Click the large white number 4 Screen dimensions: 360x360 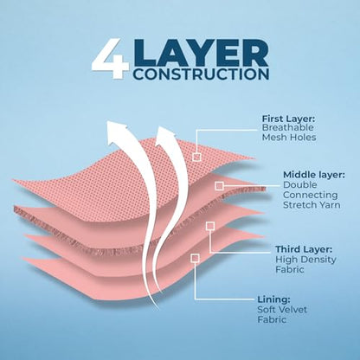tap(110, 59)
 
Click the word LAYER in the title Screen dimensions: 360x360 tap(202, 54)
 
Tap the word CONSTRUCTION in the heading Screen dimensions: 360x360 tap(202, 74)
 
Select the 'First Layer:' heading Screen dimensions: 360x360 tap(288, 119)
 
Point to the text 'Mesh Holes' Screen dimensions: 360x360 tap(289, 138)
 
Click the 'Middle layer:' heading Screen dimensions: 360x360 tap(314, 175)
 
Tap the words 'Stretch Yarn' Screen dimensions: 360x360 tap(312, 205)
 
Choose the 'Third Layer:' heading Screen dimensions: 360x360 tap(304, 249)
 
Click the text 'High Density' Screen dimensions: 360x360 tap(305, 260)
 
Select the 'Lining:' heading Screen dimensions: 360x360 tap(273, 299)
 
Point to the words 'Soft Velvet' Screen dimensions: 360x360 tap(282, 310)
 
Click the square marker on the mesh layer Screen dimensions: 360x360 tap(196, 157)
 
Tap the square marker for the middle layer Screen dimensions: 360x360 tap(219, 186)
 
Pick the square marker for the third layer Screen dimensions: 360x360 tap(210, 226)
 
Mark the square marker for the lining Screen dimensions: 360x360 tap(195, 258)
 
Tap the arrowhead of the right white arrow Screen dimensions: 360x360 tap(165, 137)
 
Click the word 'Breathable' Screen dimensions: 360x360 tap(287, 128)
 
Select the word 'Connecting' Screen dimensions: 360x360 tap(311, 195)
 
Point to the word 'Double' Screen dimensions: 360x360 tap(300, 184)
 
